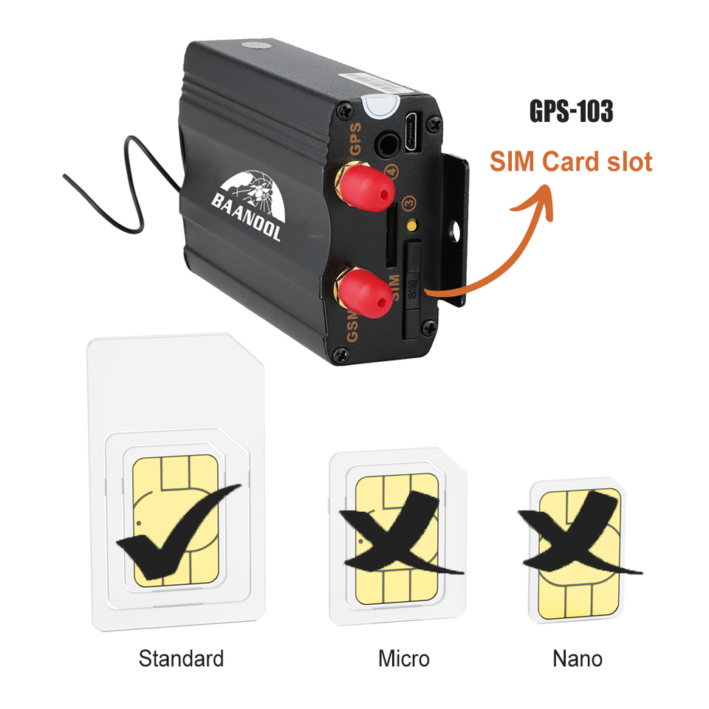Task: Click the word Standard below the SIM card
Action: tap(180, 658)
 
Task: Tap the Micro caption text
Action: tap(403, 658)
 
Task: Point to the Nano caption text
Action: tap(577, 658)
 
